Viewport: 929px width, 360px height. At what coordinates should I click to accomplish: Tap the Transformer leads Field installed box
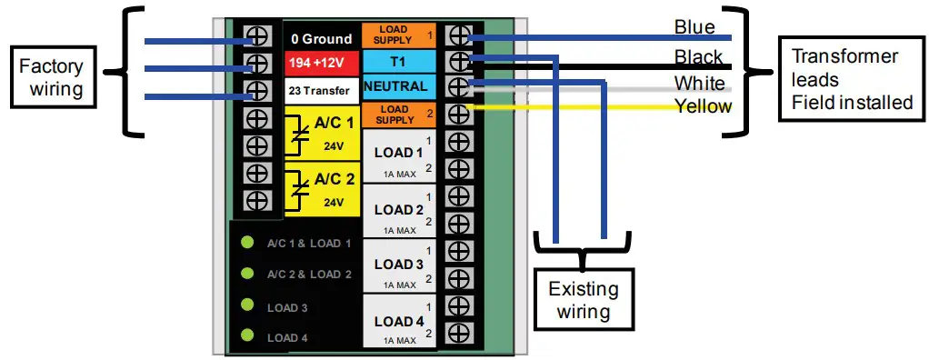pos(851,79)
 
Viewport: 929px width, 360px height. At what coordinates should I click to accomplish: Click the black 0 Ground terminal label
pos(321,38)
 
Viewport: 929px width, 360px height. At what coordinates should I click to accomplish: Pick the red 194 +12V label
pos(321,64)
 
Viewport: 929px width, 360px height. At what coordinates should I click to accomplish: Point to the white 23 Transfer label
pos(321,90)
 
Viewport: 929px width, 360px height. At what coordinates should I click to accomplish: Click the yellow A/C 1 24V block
pos(321,132)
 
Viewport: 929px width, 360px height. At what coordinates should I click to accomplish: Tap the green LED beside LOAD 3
pos(245,306)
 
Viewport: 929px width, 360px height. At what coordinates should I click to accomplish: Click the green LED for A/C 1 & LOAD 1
pos(245,243)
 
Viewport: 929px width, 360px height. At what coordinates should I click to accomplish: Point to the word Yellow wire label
pos(702,106)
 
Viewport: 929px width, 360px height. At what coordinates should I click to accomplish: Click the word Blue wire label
pos(694,27)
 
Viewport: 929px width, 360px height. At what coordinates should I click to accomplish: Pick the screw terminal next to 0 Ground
pos(257,37)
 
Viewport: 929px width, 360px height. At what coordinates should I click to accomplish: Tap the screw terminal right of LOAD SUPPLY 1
pos(459,35)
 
